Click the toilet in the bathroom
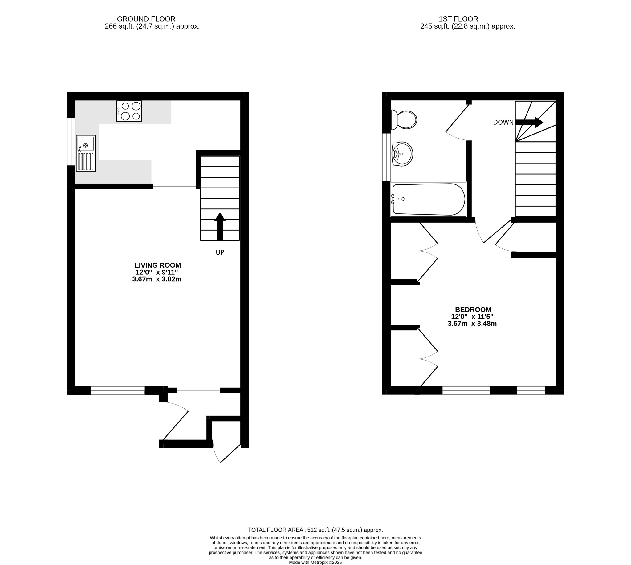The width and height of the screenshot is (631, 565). (x=404, y=120)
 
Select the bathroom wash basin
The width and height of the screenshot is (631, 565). (x=402, y=154)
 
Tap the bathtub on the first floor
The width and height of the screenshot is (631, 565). (x=429, y=199)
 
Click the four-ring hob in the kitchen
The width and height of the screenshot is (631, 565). (x=129, y=111)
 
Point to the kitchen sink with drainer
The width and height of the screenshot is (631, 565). (x=86, y=153)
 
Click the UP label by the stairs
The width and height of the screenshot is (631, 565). (x=220, y=252)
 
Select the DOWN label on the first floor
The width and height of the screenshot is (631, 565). (x=503, y=123)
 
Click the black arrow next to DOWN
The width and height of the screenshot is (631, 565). (x=529, y=122)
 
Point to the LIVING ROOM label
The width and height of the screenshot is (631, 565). (x=157, y=265)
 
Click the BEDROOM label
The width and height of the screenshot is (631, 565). (x=473, y=309)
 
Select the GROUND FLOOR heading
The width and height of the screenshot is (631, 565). (x=146, y=19)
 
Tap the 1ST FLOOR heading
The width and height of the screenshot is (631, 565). (x=458, y=19)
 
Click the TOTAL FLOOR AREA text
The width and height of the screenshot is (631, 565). (x=315, y=530)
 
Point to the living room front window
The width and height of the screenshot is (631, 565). (x=117, y=390)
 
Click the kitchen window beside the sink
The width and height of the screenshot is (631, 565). (x=71, y=142)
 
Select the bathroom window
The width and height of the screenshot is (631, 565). (x=386, y=157)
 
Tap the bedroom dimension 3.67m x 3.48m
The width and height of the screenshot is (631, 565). (x=472, y=324)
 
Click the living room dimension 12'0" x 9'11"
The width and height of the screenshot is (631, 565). (x=157, y=272)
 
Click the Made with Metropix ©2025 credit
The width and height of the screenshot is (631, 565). (x=315, y=562)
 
